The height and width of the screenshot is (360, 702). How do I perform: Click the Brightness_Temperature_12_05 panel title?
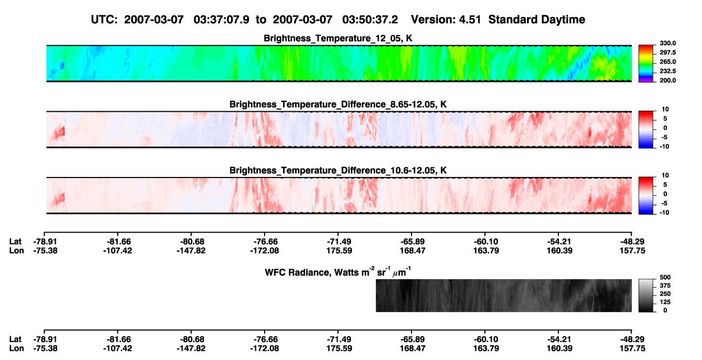tap(338, 38)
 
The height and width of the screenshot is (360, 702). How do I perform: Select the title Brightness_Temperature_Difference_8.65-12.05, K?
tap(338, 104)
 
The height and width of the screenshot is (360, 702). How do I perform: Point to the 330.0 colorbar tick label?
tap(667, 43)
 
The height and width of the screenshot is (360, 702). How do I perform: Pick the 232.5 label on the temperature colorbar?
tap(667, 71)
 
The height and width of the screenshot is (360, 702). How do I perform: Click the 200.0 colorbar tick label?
tap(667, 80)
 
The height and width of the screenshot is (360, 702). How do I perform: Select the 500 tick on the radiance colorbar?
tap(665, 277)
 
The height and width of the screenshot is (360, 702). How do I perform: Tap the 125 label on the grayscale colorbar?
tap(665, 302)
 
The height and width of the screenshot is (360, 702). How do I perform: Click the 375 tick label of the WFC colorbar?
tap(665, 286)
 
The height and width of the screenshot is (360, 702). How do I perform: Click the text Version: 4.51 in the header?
tap(446, 19)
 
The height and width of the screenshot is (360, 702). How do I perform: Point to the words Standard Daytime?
tap(537, 19)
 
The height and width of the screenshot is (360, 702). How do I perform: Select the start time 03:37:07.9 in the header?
tap(221, 19)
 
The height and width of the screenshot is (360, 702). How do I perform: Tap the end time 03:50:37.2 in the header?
tap(370, 19)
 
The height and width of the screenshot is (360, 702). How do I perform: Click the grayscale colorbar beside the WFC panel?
tap(646, 295)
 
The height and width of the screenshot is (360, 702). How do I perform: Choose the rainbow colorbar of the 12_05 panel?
tap(646, 64)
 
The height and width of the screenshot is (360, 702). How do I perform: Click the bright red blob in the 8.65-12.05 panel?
tap(59, 133)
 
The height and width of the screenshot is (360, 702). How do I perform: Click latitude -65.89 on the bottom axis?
tap(412, 339)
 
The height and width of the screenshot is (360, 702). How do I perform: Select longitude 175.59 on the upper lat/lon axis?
tap(339, 250)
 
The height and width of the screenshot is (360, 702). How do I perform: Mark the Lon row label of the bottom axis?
tap(16, 348)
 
